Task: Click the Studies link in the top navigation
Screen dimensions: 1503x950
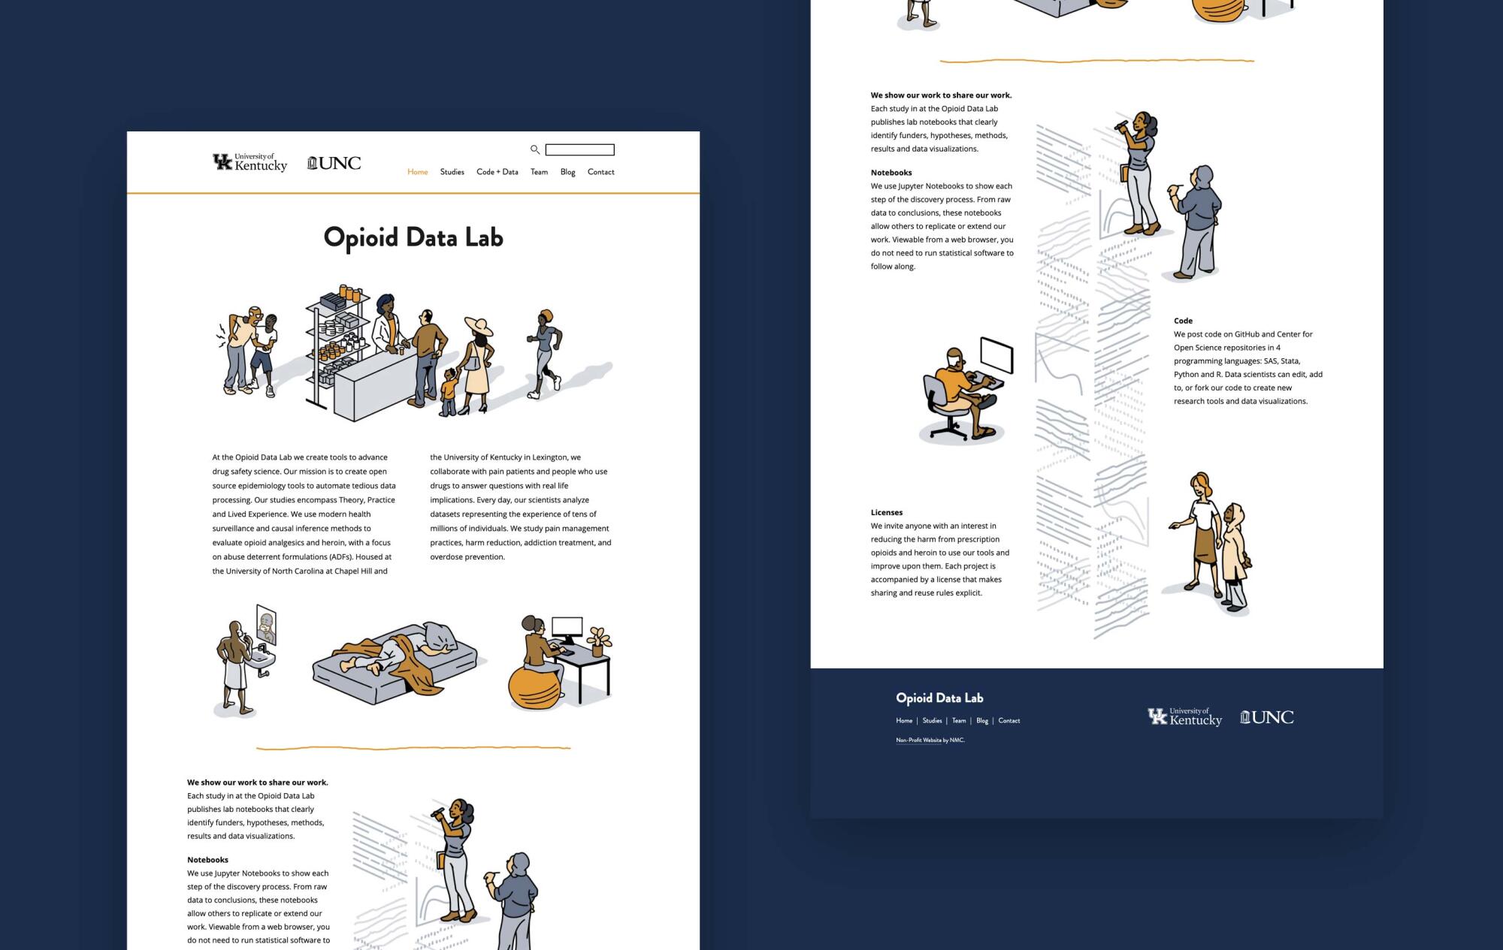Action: [452, 172]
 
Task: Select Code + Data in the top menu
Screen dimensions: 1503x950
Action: [497, 172]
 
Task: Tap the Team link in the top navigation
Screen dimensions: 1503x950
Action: [539, 172]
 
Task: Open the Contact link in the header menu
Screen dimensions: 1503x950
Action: [601, 172]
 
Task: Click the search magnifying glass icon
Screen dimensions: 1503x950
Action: [535, 149]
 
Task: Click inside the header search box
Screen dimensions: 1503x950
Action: [579, 149]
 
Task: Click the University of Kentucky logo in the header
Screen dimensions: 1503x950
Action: [250, 162]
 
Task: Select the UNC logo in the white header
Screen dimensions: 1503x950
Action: [334, 163]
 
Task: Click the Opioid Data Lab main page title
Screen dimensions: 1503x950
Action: [413, 237]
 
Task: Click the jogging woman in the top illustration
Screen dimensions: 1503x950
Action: [546, 353]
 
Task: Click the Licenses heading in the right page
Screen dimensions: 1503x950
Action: [887, 512]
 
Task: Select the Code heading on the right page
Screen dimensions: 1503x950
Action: [1184, 321]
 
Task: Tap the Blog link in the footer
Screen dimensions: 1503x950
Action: [982, 721]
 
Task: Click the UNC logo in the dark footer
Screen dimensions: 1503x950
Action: [1267, 717]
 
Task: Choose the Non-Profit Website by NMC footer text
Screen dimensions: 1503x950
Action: [930, 740]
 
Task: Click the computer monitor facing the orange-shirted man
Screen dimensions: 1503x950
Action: [996, 355]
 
